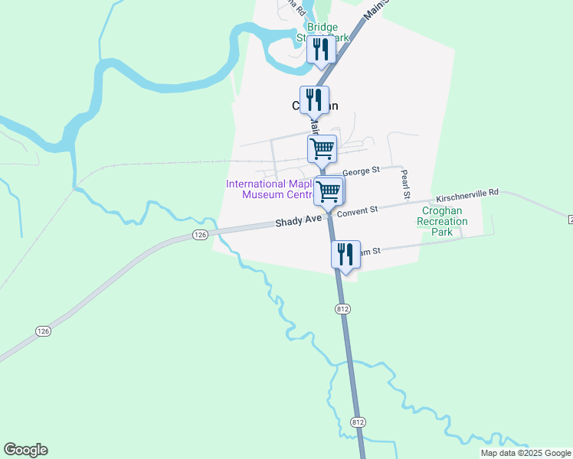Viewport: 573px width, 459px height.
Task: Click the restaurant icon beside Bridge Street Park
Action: pos(319,50)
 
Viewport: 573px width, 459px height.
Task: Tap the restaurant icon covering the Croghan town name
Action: pos(314,99)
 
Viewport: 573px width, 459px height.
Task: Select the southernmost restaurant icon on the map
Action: pos(345,254)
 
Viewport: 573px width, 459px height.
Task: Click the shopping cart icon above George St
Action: pos(323,148)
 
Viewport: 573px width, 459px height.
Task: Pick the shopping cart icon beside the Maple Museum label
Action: pos(329,191)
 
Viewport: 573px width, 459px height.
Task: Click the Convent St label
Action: pos(359,209)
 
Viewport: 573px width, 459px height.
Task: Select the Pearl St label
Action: pos(405,181)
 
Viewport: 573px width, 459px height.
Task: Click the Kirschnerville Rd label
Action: pos(467,194)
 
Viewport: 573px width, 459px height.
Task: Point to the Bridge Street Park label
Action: pos(323,32)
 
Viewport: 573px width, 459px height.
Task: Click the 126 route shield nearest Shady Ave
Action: pos(200,234)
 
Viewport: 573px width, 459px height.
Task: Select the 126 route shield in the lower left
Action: pos(43,330)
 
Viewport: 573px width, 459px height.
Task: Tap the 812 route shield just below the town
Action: pos(342,308)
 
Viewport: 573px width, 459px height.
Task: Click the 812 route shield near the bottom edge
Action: pos(359,422)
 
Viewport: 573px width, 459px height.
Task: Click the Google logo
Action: pos(25,450)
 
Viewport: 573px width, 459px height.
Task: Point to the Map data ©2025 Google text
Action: pos(526,453)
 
